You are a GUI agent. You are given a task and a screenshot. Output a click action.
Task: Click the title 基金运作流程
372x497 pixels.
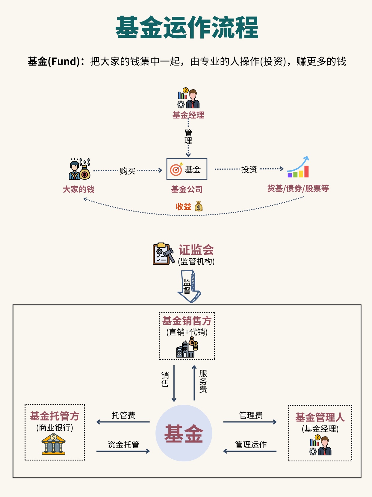[x=187, y=28]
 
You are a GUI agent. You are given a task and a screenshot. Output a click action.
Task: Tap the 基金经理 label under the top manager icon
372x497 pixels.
[x=188, y=115]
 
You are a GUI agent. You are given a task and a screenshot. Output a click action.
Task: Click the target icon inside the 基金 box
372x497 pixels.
[x=176, y=169]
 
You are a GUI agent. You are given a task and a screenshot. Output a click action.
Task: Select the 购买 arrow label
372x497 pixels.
[x=128, y=171]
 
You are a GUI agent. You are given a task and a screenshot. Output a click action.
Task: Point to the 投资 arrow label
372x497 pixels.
[x=249, y=169]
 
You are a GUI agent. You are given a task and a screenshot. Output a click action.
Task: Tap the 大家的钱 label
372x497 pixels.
[x=78, y=189]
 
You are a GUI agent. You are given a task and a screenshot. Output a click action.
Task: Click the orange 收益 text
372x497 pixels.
[x=183, y=207]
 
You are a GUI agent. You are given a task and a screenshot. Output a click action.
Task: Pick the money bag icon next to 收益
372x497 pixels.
[x=199, y=206]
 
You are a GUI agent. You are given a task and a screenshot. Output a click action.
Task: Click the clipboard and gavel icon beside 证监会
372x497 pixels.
[x=163, y=254]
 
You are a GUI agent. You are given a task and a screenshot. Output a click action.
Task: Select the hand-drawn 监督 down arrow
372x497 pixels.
[x=189, y=286]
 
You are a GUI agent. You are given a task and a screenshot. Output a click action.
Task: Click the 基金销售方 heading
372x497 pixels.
[x=187, y=321]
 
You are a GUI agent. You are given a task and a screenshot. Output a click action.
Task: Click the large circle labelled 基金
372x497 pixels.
[x=184, y=433]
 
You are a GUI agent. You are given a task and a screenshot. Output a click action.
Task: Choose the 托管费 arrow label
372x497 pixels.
[x=123, y=415]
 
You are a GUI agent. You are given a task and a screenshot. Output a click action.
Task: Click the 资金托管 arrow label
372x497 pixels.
[x=123, y=445]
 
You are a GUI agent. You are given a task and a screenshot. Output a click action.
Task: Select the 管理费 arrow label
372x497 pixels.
[x=251, y=415]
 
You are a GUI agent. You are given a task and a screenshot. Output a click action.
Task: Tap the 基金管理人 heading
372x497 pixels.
[x=320, y=417]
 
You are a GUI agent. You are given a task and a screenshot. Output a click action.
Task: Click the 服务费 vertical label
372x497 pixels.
[x=203, y=381]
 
